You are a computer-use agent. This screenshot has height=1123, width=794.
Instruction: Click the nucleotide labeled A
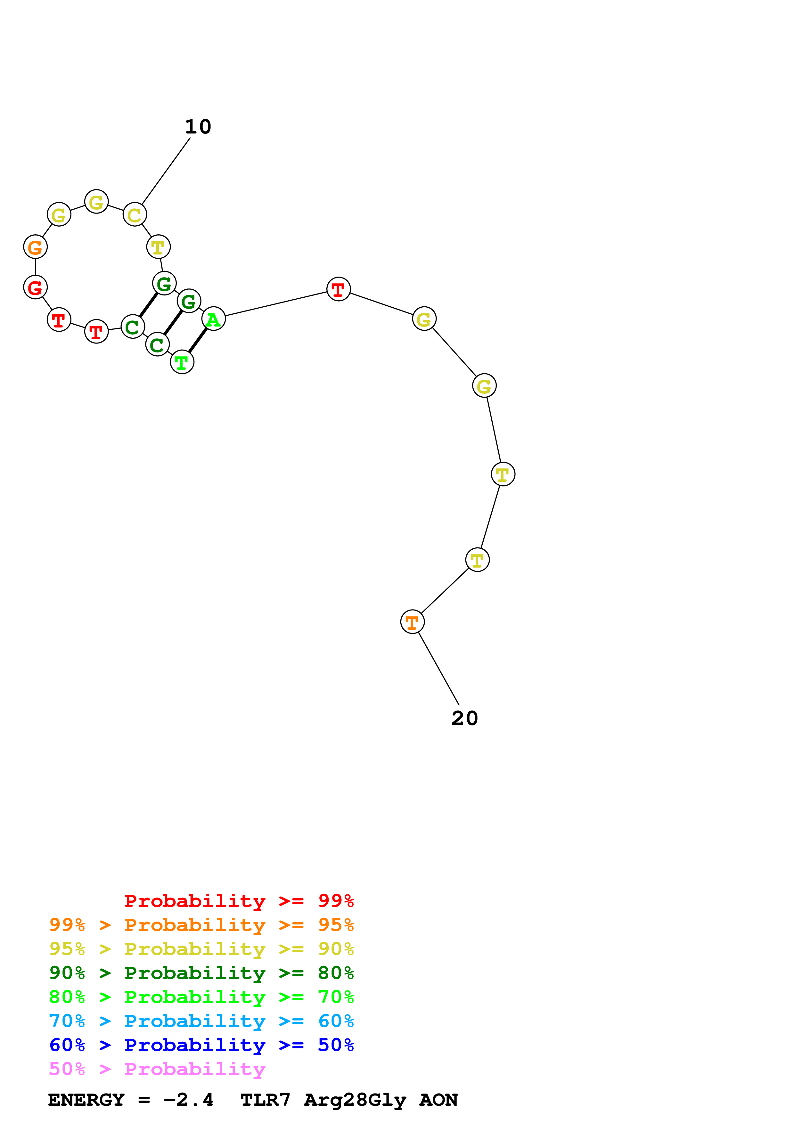(213, 319)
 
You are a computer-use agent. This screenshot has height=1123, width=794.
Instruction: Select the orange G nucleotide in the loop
(35, 247)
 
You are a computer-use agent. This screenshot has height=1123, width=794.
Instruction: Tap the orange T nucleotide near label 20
(413, 622)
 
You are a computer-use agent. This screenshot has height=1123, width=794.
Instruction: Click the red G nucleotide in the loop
(35, 287)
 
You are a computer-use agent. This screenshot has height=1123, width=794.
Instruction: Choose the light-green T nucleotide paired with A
(182, 362)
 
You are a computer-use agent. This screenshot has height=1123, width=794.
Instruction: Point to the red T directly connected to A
(339, 289)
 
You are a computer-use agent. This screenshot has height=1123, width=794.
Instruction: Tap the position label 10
(198, 127)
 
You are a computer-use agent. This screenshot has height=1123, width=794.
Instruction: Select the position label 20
(464, 718)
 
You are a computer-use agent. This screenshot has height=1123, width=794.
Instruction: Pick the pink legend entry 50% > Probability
(157, 1069)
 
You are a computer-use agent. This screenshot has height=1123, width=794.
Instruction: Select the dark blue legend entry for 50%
(201, 1045)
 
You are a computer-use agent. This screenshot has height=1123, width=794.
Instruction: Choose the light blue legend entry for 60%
(201, 1021)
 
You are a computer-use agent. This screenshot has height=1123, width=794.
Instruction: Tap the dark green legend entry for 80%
(201, 973)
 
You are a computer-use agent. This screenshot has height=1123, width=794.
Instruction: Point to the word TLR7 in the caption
(265, 1100)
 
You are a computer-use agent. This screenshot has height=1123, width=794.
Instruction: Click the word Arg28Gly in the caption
(355, 1100)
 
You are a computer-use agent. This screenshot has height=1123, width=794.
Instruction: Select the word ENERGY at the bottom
(86, 1100)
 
